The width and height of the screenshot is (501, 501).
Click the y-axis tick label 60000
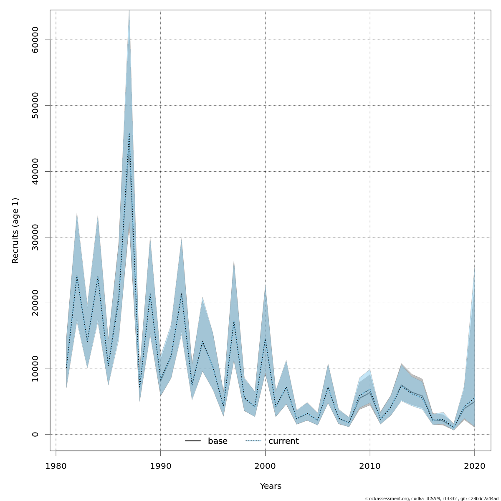click(35, 40)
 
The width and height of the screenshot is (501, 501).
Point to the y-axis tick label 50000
click(35, 106)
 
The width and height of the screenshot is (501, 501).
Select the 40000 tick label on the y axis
click(35, 171)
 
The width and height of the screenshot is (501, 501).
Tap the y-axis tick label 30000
click(35, 237)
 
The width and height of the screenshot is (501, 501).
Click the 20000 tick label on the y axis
click(35, 303)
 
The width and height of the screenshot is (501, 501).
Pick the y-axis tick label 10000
click(35, 369)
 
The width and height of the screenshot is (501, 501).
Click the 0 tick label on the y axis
click(35, 434)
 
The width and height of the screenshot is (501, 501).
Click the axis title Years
click(271, 486)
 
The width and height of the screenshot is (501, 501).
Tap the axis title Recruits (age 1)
click(15, 230)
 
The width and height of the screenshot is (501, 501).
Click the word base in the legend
click(218, 441)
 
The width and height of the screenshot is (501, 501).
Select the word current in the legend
click(283, 441)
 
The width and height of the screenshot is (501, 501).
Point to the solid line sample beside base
click(193, 441)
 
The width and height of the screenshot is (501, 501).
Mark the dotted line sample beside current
click(253, 441)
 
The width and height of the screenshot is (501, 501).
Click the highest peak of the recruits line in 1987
click(129, 134)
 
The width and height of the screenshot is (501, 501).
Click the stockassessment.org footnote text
click(432, 498)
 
